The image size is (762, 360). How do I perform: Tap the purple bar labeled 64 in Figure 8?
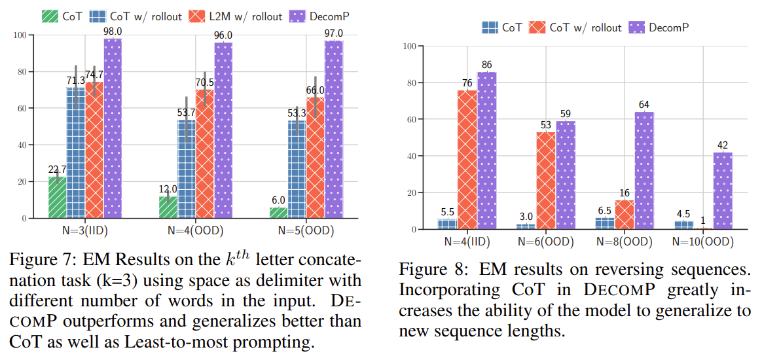click(x=644, y=170)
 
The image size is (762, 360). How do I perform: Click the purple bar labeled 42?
click(x=723, y=190)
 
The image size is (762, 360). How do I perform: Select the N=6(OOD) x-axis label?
click(x=546, y=242)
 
